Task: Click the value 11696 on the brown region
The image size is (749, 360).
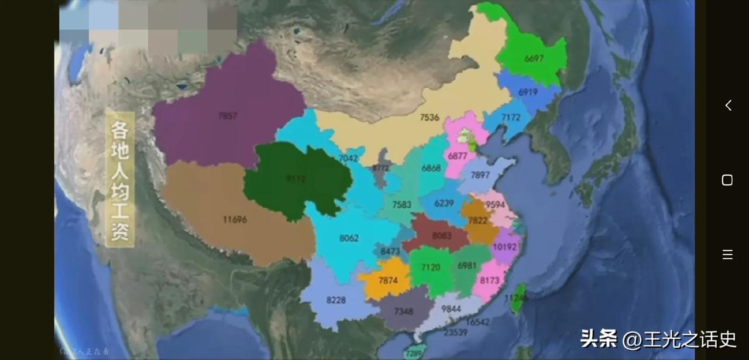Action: point(235,220)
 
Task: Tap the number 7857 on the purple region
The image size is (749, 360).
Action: point(228,116)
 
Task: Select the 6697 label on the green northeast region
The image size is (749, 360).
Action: point(534,59)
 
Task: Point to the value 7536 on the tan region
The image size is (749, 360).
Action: point(430,118)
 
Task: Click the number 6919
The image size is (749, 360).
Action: point(528,92)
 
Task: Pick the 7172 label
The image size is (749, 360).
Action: point(510,118)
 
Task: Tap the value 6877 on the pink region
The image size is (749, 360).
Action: point(458,156)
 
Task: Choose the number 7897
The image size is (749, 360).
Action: point(480,176)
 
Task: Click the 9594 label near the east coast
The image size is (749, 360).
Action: point(495,204)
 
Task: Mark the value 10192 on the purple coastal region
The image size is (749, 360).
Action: point(505,246)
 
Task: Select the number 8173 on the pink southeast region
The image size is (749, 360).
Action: point(490,281)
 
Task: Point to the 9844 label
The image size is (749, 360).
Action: point(451,308)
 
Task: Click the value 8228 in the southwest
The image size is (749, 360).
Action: point(336,300)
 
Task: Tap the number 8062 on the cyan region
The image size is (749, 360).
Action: point(349,238)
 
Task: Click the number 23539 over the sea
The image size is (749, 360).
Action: point(455,332)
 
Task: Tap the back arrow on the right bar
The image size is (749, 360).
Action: point(728,105)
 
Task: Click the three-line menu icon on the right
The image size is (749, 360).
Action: point(727,254)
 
